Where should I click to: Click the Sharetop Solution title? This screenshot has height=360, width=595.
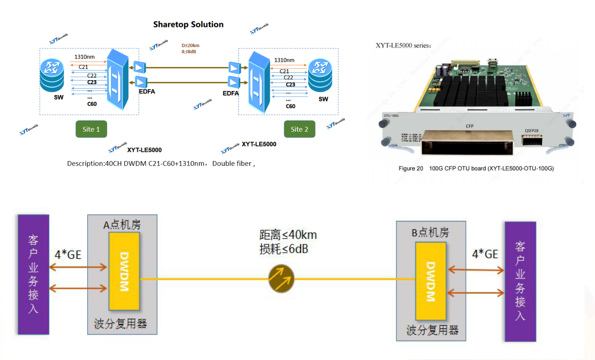point(188,25)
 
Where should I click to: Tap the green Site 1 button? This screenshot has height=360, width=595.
point(91,129)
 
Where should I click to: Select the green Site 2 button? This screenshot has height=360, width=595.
point(299,129)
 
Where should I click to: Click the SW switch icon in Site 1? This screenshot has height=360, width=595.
point(52,75)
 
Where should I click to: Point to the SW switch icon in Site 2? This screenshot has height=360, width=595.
point(320,76)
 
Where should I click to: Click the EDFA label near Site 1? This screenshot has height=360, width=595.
point(147,92)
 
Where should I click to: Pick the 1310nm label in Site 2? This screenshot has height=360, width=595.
point(284,60)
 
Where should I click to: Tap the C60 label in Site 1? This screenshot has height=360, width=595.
point(92,104)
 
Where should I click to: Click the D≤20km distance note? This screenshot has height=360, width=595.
point(191,46)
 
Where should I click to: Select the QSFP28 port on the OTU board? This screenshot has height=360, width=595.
point(532,140)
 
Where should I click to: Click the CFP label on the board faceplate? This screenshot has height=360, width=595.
point(470,126)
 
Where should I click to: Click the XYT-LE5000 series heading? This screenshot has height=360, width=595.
point(403,46)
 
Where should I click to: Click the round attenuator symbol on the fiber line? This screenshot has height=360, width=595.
point(281,279)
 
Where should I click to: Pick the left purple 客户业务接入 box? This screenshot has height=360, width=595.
point(33,274)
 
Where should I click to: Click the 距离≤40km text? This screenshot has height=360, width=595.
point(288,235)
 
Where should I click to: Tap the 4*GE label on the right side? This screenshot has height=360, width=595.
point(485,254)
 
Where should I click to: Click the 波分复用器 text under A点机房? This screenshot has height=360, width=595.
point(120,323)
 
